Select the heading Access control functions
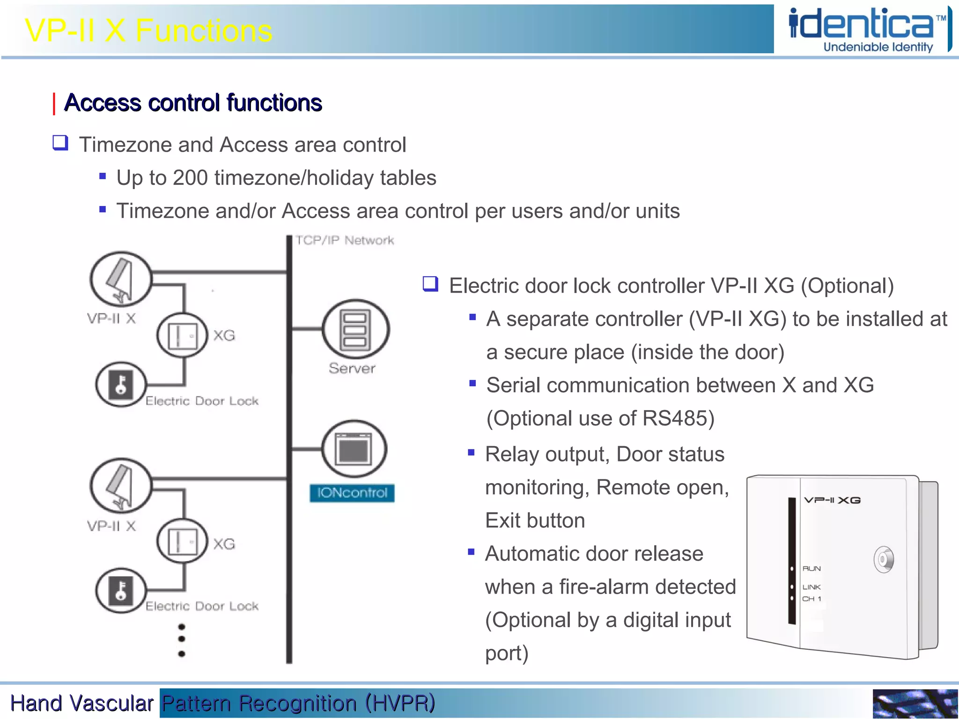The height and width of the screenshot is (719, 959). [192, 103]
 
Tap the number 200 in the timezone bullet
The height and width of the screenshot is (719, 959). [190, 178]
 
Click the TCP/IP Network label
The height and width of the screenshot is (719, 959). [345, 241]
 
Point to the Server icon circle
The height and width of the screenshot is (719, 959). [355, 330]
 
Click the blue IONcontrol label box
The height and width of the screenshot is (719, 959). [352, 493]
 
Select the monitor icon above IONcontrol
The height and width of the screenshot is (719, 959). [354, 449]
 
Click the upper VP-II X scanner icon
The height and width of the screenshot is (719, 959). [121, 279]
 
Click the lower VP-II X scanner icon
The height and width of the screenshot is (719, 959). [121, 486]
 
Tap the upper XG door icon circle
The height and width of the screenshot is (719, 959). [182, 335]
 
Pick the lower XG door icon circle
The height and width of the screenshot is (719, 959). [182, 542]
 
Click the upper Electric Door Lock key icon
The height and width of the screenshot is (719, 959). [121, 384]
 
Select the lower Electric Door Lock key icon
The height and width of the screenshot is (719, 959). [121, 591]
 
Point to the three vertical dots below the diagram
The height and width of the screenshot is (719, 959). [182, 640]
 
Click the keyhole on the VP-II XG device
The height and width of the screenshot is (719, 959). [883, 559]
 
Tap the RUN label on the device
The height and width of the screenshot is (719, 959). [811, 569]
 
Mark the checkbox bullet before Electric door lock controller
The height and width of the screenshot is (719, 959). [430, 284]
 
